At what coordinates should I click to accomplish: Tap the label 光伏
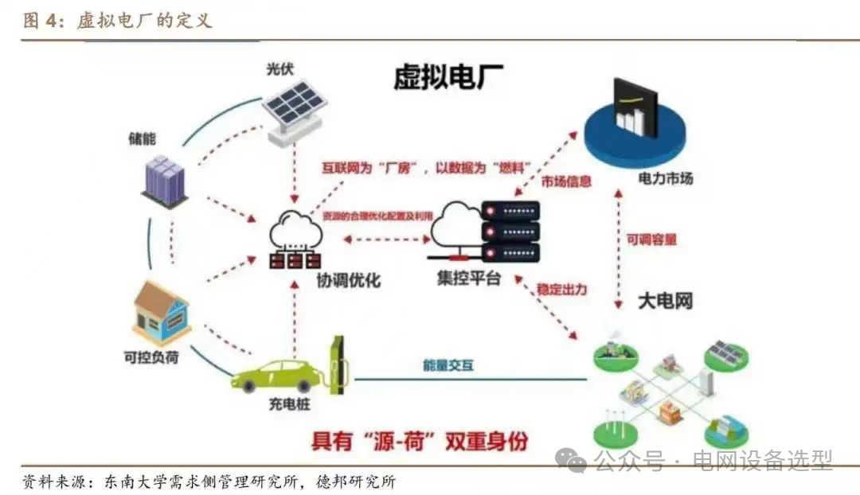[x=279, y=69]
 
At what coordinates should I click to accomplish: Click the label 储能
[x=142, y=138]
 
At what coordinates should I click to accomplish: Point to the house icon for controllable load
[x=161, y=312]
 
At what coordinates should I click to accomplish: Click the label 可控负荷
[x=151, y=357]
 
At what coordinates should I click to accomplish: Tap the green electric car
[x=278, y=376]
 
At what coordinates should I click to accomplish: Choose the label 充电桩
[x=290, y=404]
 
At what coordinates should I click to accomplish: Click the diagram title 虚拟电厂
[x=448, y=76]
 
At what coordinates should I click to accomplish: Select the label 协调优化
[x=348, y=280]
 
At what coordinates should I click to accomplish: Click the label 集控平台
[x=469, y=278]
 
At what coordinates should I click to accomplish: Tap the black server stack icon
[x=510, y=232]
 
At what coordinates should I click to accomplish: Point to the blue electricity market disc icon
[x=635, y=125]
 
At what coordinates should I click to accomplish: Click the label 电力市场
[x=665, y=178]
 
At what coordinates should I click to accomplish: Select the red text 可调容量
[x=651, y=240]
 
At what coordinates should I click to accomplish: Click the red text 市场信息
[x=566, y=181]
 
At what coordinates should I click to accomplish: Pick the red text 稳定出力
[x=561, y=290]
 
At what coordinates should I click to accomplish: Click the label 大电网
[x=665, y=300]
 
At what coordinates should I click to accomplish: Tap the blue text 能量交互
[x=448, y=365]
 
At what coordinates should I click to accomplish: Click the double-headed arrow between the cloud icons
[x=387, y=240]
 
